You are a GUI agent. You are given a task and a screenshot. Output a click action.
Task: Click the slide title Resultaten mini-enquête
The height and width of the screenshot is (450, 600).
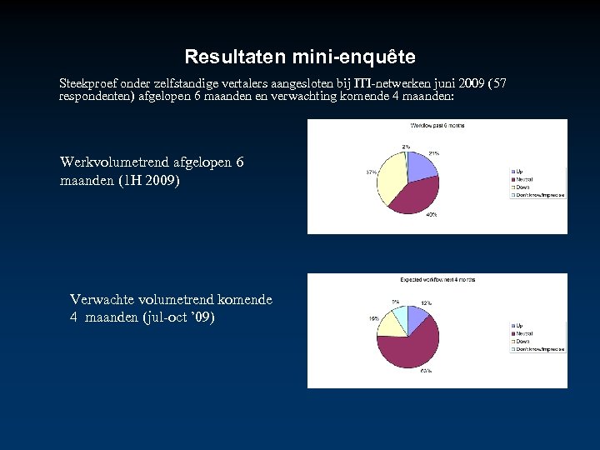coord(300,57)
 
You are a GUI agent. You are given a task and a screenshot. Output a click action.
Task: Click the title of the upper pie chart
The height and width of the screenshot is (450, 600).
coord(437,126)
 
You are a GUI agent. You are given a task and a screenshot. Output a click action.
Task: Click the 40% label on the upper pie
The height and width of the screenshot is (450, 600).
coord(432,215)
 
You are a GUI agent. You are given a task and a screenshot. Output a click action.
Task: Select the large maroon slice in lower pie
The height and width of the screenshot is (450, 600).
coord(411,345)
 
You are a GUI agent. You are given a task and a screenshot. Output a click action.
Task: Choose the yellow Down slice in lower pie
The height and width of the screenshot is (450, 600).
coord(389,322)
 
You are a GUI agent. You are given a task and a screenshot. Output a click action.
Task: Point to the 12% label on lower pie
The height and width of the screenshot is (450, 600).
coord(426,302)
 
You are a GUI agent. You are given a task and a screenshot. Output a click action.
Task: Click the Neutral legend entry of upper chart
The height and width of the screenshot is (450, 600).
coord(525,179)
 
